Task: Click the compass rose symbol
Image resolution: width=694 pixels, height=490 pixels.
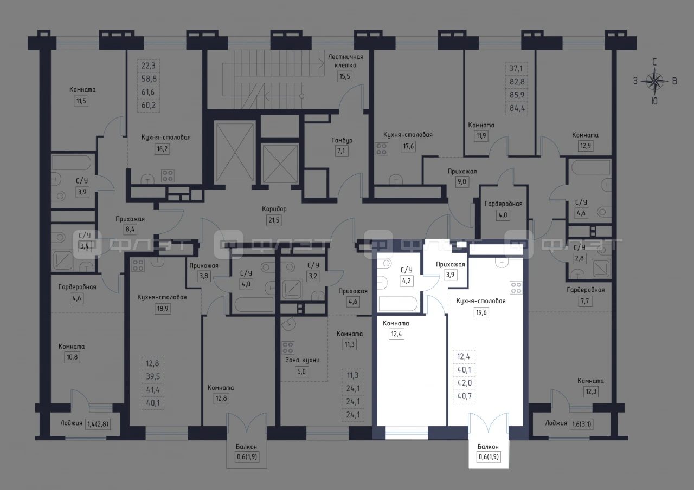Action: coord(654,82)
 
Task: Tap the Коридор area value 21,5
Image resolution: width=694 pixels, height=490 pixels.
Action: coord(274,220)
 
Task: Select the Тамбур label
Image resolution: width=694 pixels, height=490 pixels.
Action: coord(342,140)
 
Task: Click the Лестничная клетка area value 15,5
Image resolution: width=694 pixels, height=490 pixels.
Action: coord(344,76)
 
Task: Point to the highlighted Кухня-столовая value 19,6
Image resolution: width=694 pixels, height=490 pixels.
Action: coord(481,312)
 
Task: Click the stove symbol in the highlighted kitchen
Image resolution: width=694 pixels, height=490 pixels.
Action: coord(516,288)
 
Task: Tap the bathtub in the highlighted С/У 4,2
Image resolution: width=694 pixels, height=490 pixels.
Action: coord(398,303)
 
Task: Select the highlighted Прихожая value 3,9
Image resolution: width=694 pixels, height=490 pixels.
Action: coord(450,275)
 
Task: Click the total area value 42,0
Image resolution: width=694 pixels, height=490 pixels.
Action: coord(465,383)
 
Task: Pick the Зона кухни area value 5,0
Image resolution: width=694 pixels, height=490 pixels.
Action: coord(301,371)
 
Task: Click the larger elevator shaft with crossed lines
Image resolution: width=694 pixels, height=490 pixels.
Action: coord(235,152)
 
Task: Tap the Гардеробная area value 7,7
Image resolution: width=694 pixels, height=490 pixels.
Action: coord(584,301)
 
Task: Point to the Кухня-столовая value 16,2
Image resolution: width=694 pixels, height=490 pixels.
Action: coord(162,149)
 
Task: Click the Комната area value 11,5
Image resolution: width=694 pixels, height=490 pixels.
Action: coord(81,101)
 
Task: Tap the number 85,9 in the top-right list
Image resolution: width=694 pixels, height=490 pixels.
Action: coord(517,95)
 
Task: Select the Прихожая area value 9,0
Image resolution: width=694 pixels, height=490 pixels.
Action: coord(461,181)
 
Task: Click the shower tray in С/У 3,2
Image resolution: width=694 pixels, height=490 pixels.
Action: coord(292,289)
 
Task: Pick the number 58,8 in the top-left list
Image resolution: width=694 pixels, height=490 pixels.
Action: coord(149,79)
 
